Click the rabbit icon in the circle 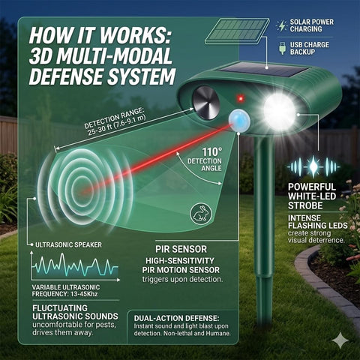pos(200,214)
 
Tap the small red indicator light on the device pos(241,98)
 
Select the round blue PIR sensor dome pos(239,120)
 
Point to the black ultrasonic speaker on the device pos(206,103)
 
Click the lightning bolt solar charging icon pos(282,26)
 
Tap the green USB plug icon pos(282,48)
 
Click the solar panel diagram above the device pos(237,31)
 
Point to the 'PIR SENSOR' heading pos(181,249)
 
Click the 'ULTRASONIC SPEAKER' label pos(68,244)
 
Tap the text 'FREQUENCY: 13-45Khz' pos(64,294)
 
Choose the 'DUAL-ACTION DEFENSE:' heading pos(176,318)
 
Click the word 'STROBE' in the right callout pos(305,205)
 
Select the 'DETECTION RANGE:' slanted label pos(114,118)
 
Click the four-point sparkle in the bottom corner pos(340,340)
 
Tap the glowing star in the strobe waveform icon pos(313,166)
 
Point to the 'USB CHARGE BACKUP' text pos(309,48)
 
